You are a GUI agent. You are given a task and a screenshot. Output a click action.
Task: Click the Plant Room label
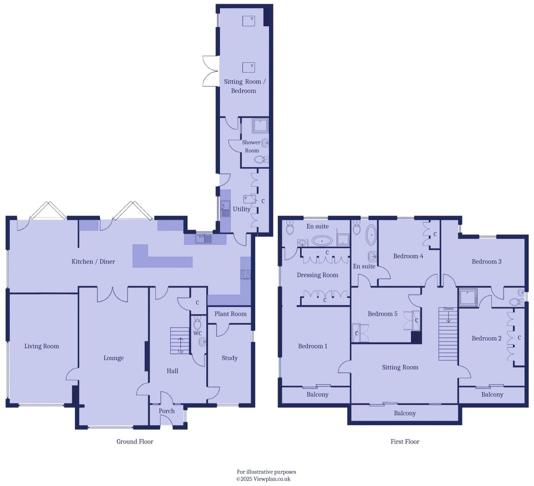(x=230, y=314)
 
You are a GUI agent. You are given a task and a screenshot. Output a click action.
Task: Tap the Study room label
(x=230, y=358)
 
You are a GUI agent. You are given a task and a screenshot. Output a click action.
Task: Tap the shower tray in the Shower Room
(x=260, y=126)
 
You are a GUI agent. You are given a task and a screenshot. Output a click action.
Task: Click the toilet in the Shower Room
(x=260, y=160)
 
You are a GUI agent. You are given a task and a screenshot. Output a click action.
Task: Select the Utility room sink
(x=225, y=208)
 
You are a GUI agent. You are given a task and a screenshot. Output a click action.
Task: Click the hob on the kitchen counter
(x=246, y=274)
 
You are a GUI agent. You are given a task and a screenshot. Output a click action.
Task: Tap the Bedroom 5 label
(x=382, y=314)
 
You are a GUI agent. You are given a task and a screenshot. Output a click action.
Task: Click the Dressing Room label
(x=317, y=275)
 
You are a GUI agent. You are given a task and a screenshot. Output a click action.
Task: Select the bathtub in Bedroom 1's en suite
(x=322, y=240)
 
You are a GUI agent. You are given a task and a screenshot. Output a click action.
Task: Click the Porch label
(x=167, y=411)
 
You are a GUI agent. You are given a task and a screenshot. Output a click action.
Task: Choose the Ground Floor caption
(x=135, y=441)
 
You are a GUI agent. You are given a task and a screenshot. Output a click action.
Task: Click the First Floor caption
(x=405, y=441)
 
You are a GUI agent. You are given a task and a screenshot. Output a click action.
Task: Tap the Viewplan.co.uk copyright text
(x=263, y=479)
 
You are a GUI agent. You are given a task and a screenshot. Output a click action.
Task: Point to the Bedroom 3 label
(x=486, y=261)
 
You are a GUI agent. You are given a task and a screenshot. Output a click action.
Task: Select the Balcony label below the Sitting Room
(x=405, y=413)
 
